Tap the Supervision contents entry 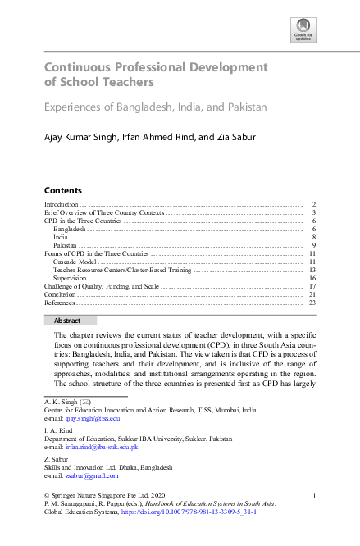coord(71,278)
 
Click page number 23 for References coord(312,303)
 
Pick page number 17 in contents coord(312,286)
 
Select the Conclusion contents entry coord(60,294)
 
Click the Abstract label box coord(70,321)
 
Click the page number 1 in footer coord(315,495)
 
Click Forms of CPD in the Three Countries coord(98,253)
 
